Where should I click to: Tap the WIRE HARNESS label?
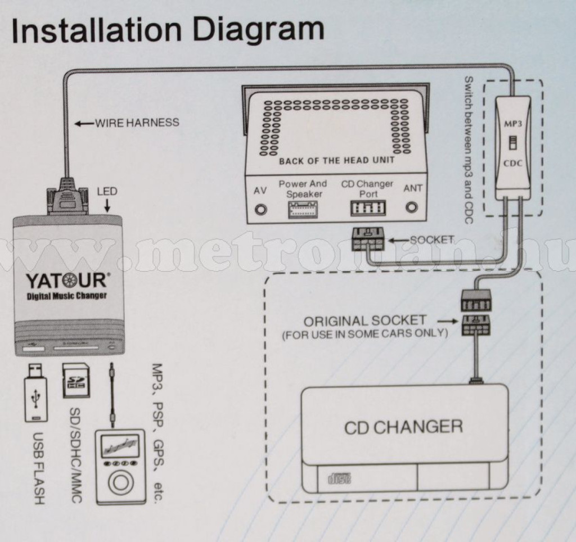(137, 122)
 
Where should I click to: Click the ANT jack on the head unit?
(412, 209)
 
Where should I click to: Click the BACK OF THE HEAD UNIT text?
(336, 161)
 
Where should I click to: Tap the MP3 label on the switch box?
(512, 121)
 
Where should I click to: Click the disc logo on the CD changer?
(339, 479)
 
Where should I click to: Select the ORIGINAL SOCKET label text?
(364, 321)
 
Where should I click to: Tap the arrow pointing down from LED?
(107, 207)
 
